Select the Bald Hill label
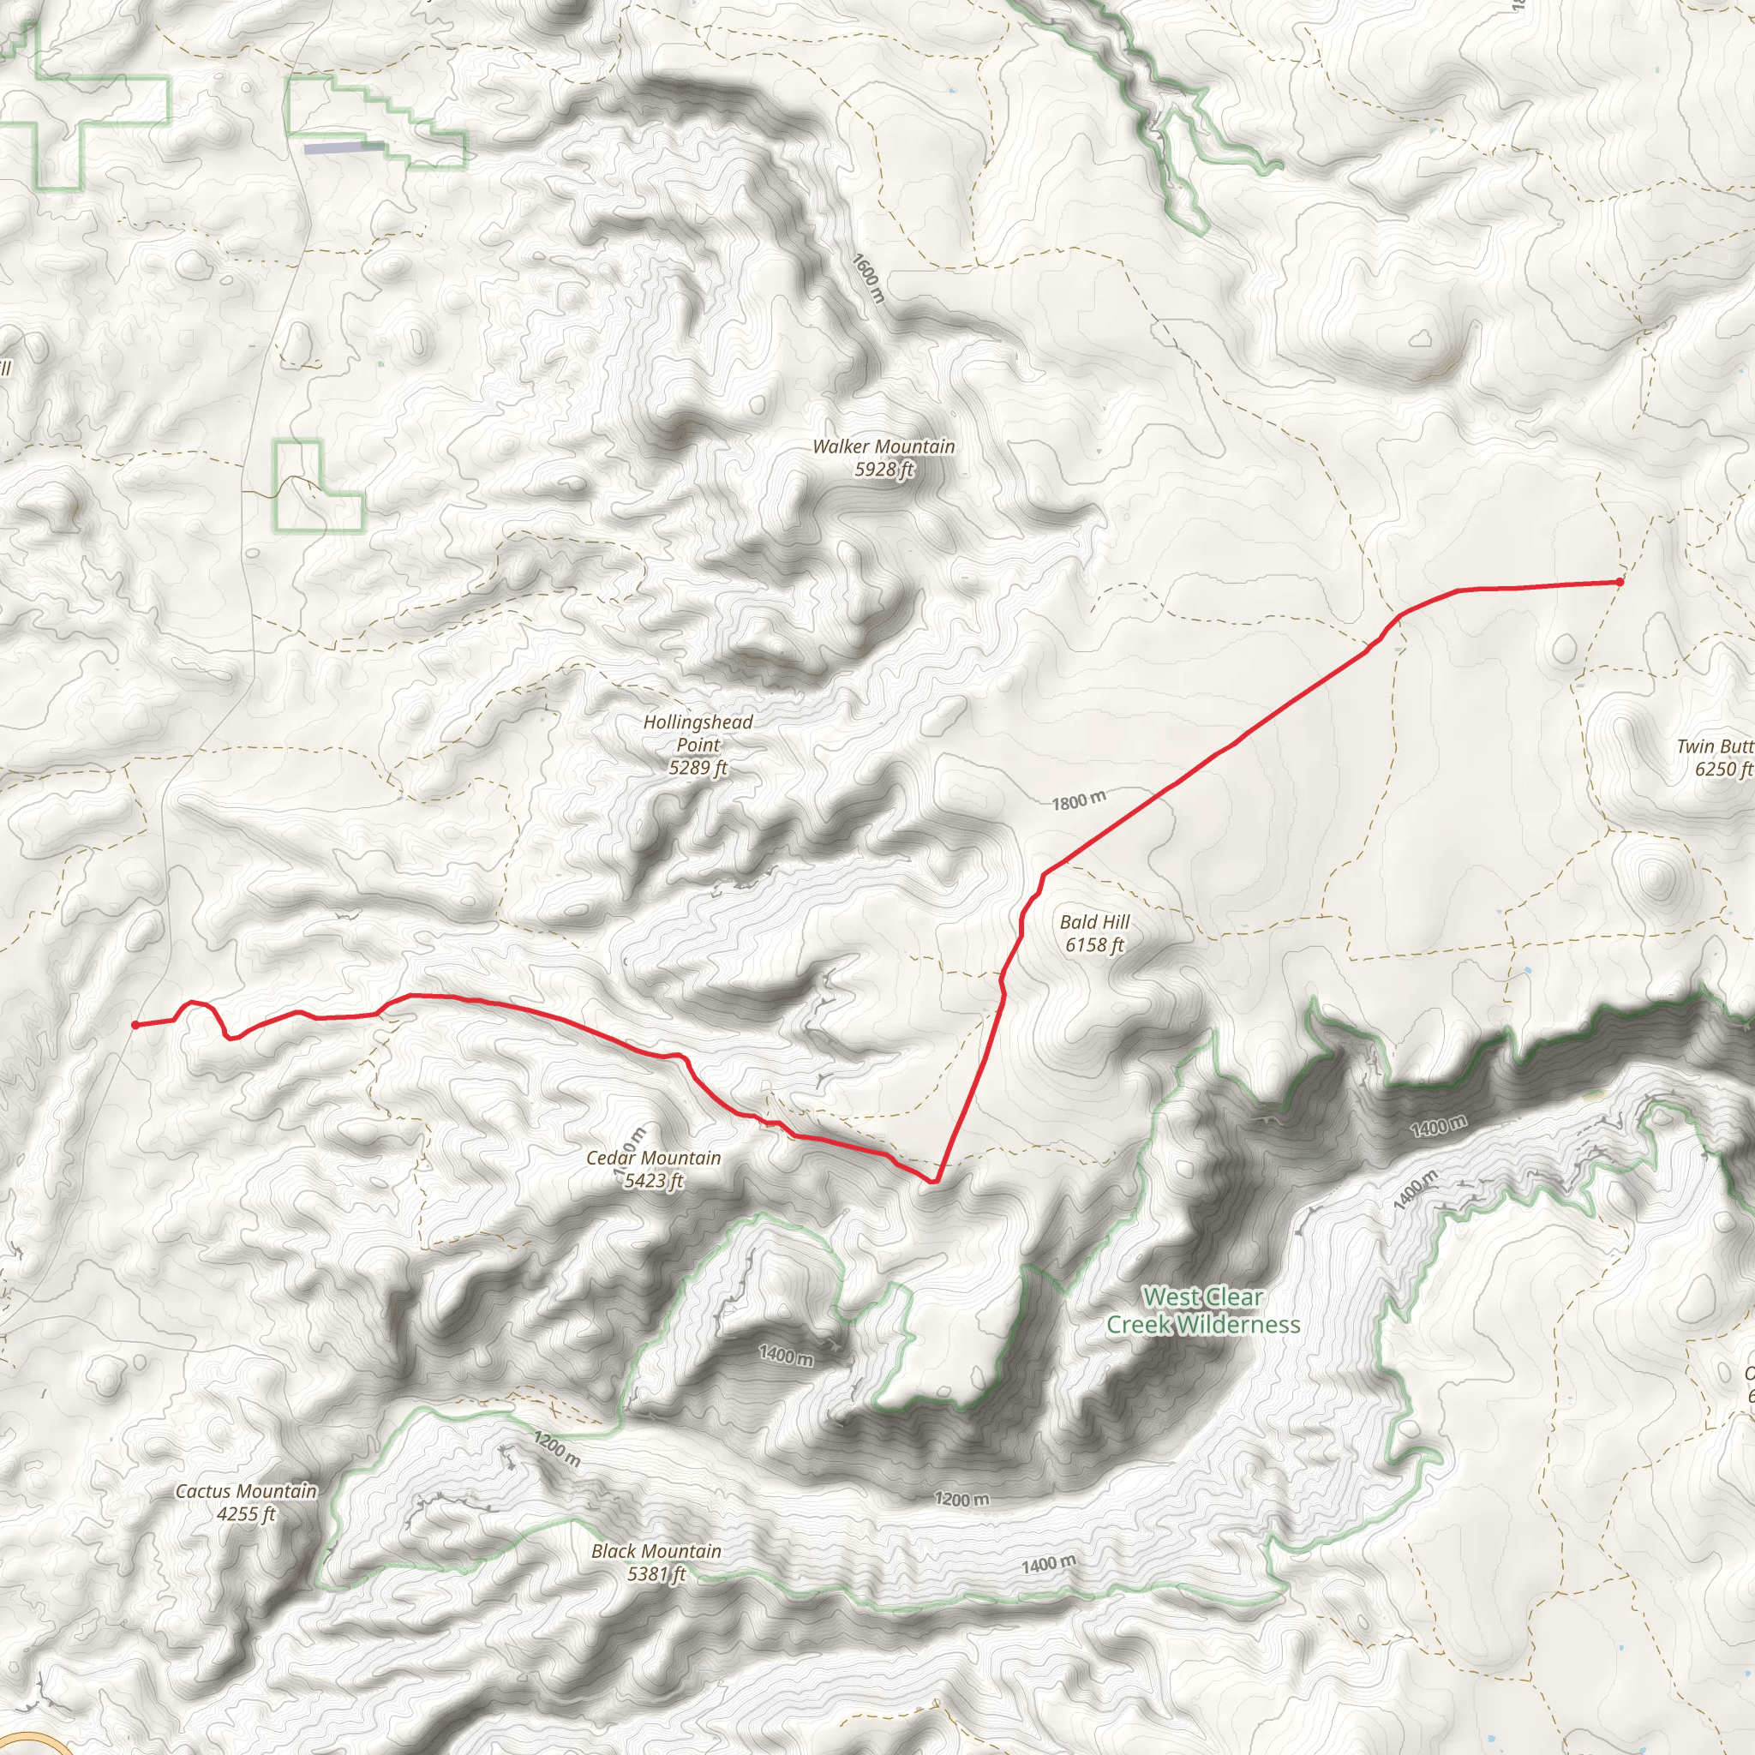pos(1094,921)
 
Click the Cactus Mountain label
pos(246,1491)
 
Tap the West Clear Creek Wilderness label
pos(1202,1310)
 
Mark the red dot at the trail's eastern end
pos(1620,582)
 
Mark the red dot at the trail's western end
pos(135,1025)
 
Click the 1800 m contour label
pos(1079,800)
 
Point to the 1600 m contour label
pos(868,278)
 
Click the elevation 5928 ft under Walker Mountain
pos(883,470)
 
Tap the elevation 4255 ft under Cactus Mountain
pos(246,1514)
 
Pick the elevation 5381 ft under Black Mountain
pos(656,1573)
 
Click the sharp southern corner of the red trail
pos(933,1182)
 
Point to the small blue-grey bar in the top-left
pos(343,147)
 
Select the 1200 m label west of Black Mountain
pos(557,1449)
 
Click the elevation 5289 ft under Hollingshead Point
pos(698,768)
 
